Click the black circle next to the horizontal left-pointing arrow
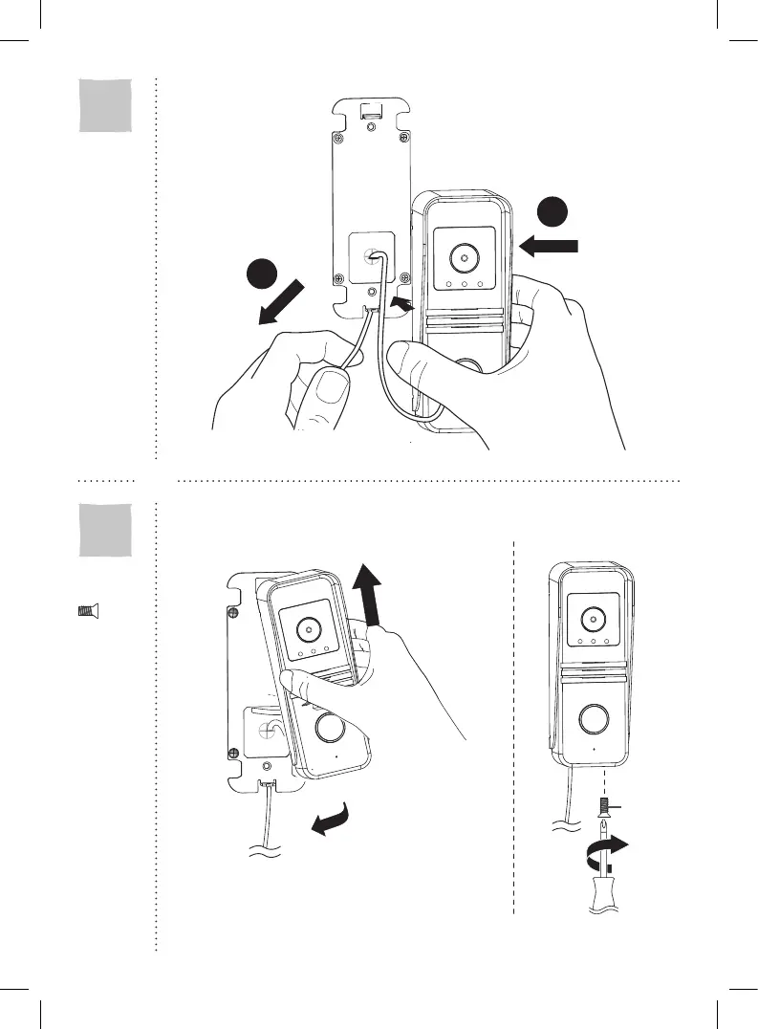(x=552, y=212)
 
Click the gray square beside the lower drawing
(x=105, y=529)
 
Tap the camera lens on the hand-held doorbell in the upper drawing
(x=463, y=259)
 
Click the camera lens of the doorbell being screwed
(x=592, y=613)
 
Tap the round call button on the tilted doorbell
(x=331, y=729)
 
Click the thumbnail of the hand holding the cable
(x=332, y=389)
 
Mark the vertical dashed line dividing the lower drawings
(x=514, y=727)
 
